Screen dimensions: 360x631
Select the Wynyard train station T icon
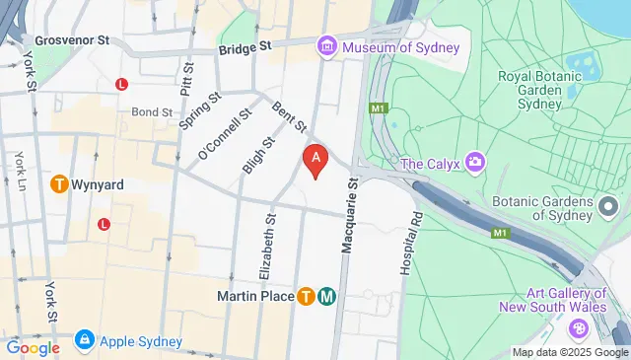pos(59,183)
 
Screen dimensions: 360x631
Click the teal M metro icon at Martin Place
pos(326,296)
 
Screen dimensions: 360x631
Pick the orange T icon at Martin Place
pos(306,296)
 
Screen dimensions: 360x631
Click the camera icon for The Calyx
pos(475,162)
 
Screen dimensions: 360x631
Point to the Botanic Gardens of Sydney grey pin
pos(607,206)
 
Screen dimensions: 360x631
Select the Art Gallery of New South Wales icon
pos(579,327)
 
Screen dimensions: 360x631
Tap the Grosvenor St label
pos(71,42)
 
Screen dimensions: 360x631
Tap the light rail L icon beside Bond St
pos(122,85)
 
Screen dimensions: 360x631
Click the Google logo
pos(32,347)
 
